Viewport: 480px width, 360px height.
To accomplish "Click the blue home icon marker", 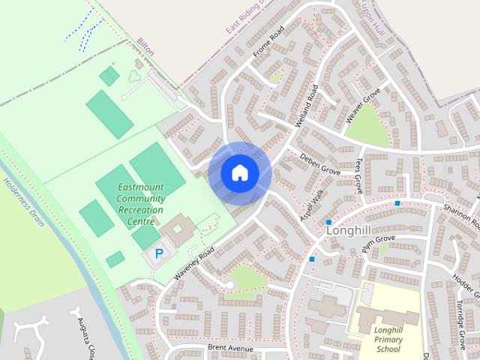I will (239, 173).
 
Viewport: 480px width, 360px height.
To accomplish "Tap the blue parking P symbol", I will (159, 253).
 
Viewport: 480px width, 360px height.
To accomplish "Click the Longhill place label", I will (350, 231).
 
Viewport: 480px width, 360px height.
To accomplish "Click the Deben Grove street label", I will (320, 165).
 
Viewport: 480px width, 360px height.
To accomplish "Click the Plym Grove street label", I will (377, 244).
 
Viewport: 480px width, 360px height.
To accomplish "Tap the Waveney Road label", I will (194, 263).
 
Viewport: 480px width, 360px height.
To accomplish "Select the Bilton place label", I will (145, 48).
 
